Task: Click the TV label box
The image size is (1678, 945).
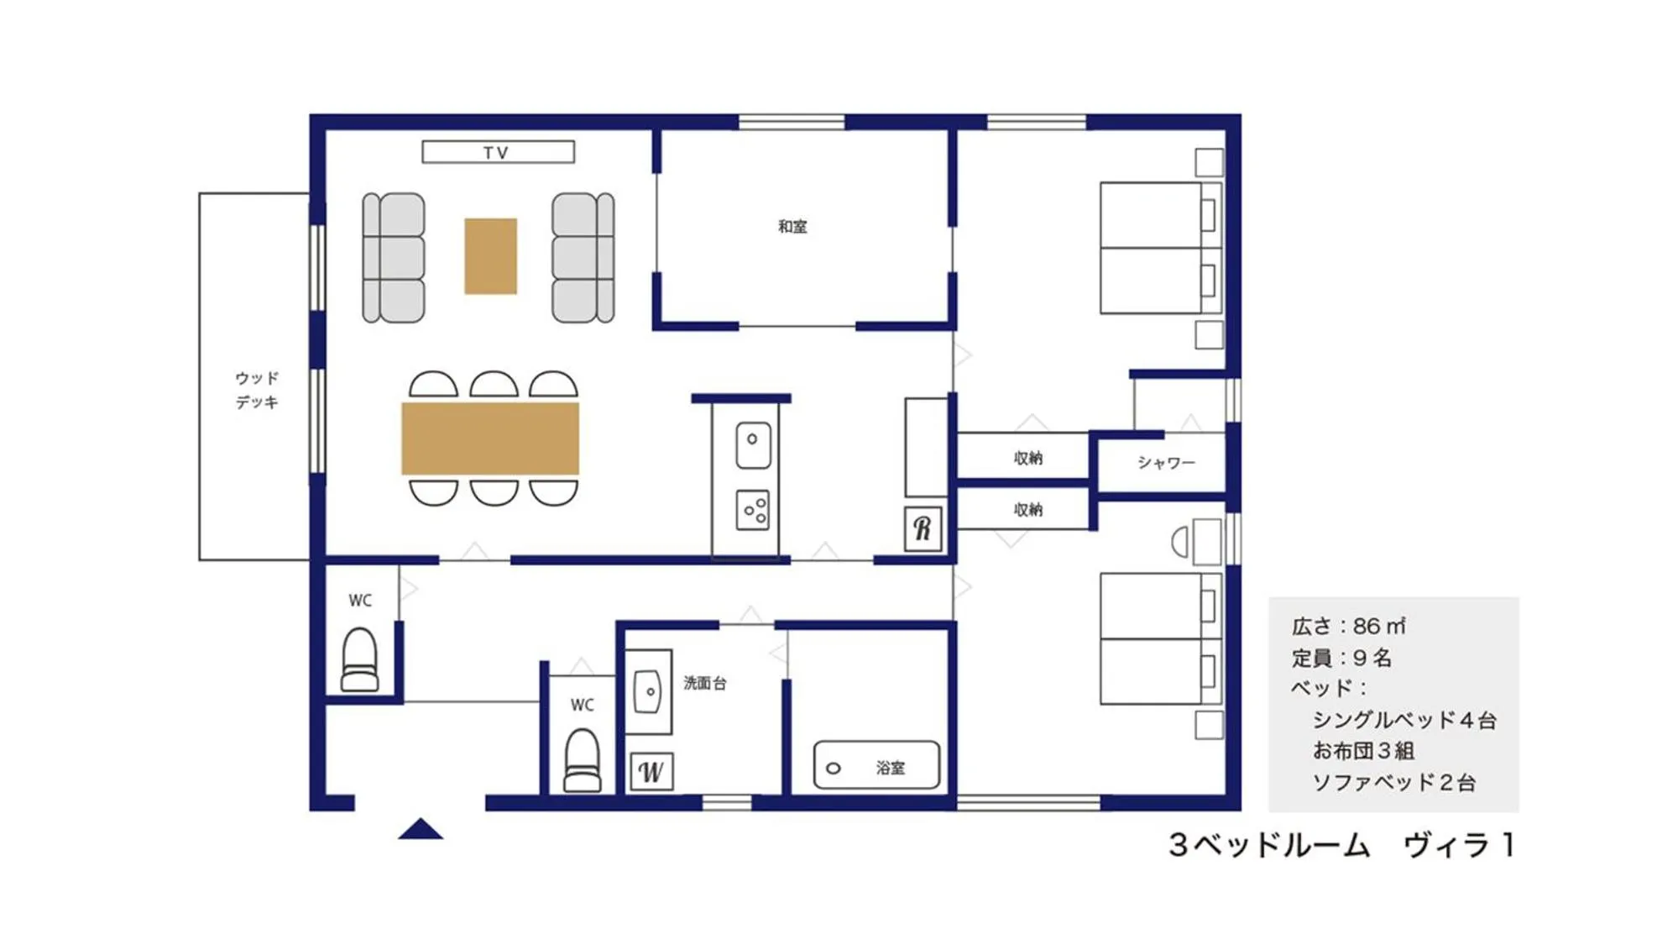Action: pyautogui.click(x=498, y=152)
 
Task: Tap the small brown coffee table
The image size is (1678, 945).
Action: pyautogui.click(x=490, y=256)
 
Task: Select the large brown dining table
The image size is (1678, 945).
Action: pyautogui.click(x=490, y=438)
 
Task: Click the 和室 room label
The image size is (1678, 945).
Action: pyautogui.click(x=792, y=226)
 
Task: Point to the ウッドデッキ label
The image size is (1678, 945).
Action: pyautogui.click(x=256, y=390)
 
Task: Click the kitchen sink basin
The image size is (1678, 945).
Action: pyautogui.click(x=753, y=445)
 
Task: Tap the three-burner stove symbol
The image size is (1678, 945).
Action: pyautogui.click(x=753, y=510)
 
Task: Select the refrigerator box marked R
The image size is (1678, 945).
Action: pyautogui.click(x=923, y=528)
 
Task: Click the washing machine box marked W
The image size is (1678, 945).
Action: pyautogui.click(x=651, y=771)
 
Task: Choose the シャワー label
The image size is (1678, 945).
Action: pyautogui.click(x=1166, y=462)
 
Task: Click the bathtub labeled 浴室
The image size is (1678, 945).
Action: pyautogui.click(x=876, y=765)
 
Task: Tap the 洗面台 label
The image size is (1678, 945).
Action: pyautogui.click(x=704, y=683)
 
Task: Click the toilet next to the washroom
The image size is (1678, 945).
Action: pyautogui.click(x=582, y=760)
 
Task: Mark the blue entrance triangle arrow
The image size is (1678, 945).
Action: pyautogui.click(x=420, y=829)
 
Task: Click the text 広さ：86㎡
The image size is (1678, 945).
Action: pyautogui.click(x=1348, y=626)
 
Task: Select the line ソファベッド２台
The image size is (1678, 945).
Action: pyautogui.click(x=1393, y=782)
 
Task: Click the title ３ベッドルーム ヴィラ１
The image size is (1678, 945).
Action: pyautogui.click(x=1341, y=844)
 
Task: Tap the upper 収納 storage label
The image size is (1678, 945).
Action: pyautogui.click(x=1027, y=458)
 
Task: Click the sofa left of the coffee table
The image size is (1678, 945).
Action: pyautogui.click(x=393, y=258)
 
